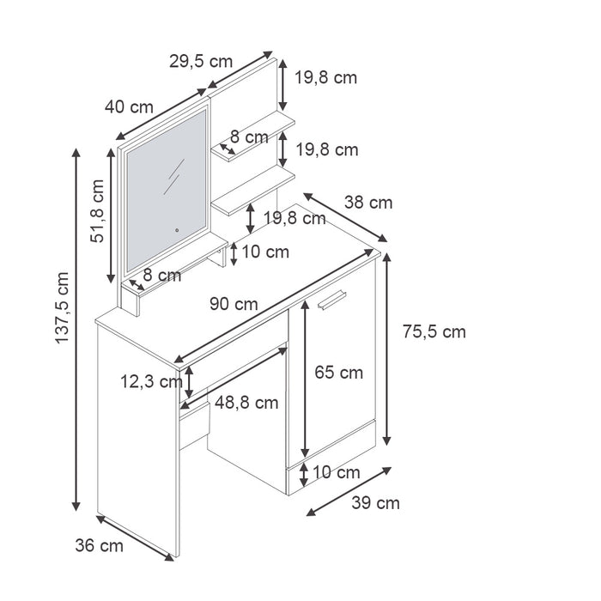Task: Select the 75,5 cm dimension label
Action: pos(433,331)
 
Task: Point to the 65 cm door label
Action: pos(338,373)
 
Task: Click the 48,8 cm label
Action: pos(246,402)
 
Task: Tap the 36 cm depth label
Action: pos(99,544)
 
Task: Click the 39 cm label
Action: pos(376,503)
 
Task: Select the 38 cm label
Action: pos(368,203)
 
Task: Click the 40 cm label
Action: pos(129,107)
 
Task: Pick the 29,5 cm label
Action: pos(200,61)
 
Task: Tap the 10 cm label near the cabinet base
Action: pos(336,472)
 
